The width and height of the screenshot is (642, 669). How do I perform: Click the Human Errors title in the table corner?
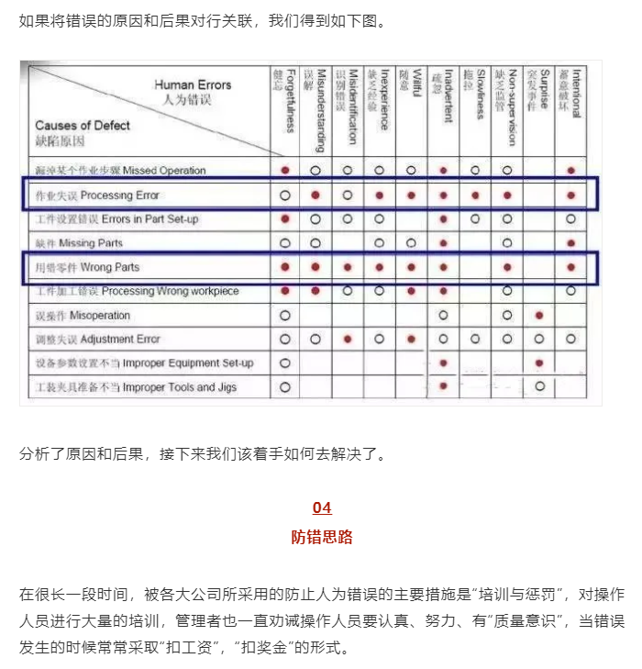tap(193, 85)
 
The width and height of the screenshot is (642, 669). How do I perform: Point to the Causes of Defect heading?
tap(83, 126)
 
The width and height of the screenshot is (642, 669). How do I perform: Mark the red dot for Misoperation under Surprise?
tap(539, 315)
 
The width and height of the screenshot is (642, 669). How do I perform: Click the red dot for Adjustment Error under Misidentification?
tap(348, 339)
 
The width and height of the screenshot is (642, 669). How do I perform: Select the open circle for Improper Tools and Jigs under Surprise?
tap(539, 386)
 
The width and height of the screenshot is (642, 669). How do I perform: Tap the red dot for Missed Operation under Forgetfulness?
tap(285, 171)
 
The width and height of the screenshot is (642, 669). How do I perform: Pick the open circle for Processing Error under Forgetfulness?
tap(285, 195)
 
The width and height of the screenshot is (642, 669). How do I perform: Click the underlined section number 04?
tap(321, 508)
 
